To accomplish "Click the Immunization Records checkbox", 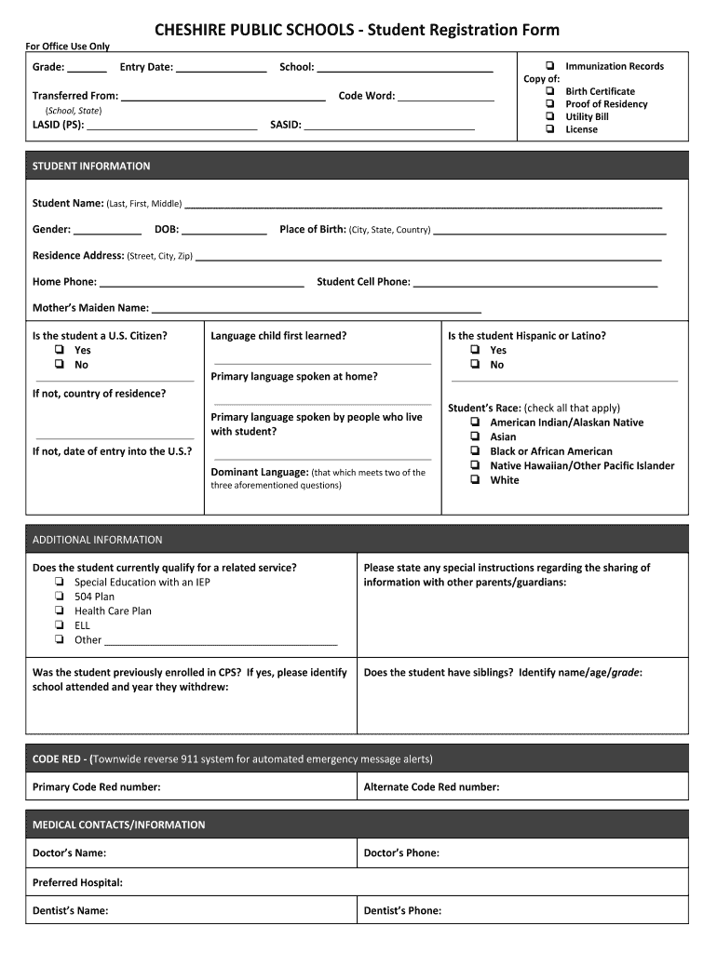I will pyautogui.click(x=550, y=66).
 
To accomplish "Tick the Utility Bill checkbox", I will pyautogui.click(x=550, y=117).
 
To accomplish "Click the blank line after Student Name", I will pyautogui.click(x=424, y=206).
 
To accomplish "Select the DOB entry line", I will pyautogui.click(x=224, y=232).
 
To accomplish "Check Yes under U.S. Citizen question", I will pyautogui.click(x=60, y=351).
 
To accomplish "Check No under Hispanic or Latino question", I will pyautogui.click(x=475, y=365).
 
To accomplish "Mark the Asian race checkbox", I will pyautogui.click(x=475, y=436).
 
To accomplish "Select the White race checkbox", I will pyautogui.click(x=475, y=480).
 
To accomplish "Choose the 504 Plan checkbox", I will pyautogui.click(x=60, y=597).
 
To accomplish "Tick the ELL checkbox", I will pyautogui.click(x=60, y=625).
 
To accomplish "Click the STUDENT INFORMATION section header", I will pyautogui.click(x=91, y=166).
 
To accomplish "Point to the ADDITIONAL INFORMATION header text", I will pyautogui.click(x=97, y=540).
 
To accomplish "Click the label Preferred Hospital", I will pyautogui.click(x=77, y=882).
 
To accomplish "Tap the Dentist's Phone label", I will pyautogui.click(x=402, y=911).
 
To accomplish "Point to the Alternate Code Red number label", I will pyautogui.click(x=431, y=787).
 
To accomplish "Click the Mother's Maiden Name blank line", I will pyautogui.click(x=316, y=310).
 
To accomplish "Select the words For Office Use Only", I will pyautogui.click(x=67, y=47).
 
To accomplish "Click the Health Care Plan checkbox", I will pyautogui.click(x=60, y=611).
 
